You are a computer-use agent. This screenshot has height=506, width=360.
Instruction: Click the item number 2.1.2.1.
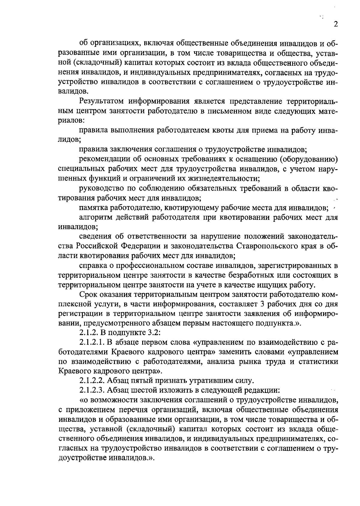click(x=92, y=343)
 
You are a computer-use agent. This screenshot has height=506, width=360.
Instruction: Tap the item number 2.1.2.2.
click(x=92, y=381)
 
